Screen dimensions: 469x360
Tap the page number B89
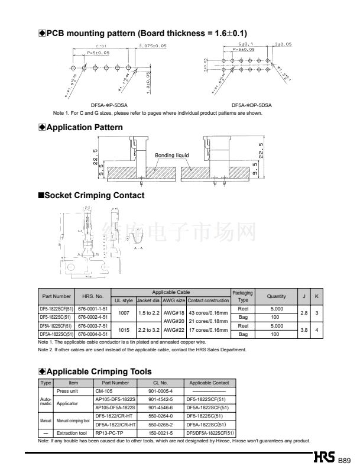(x=345, y=461)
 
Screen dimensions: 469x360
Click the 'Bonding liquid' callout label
(x=172, y=156)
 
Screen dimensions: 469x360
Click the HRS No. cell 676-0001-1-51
(x=93, y=309)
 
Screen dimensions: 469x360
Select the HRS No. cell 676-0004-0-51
(x=93, y=334)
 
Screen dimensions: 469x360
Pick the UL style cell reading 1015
(x=124, y=330)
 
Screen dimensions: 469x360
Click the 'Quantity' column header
(x=276, y=296)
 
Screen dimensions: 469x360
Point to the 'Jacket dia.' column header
(x=148, y=300)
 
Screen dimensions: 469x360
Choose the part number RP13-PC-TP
(x=108, y=434)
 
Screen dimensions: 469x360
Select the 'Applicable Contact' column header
(x=209, y=383)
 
